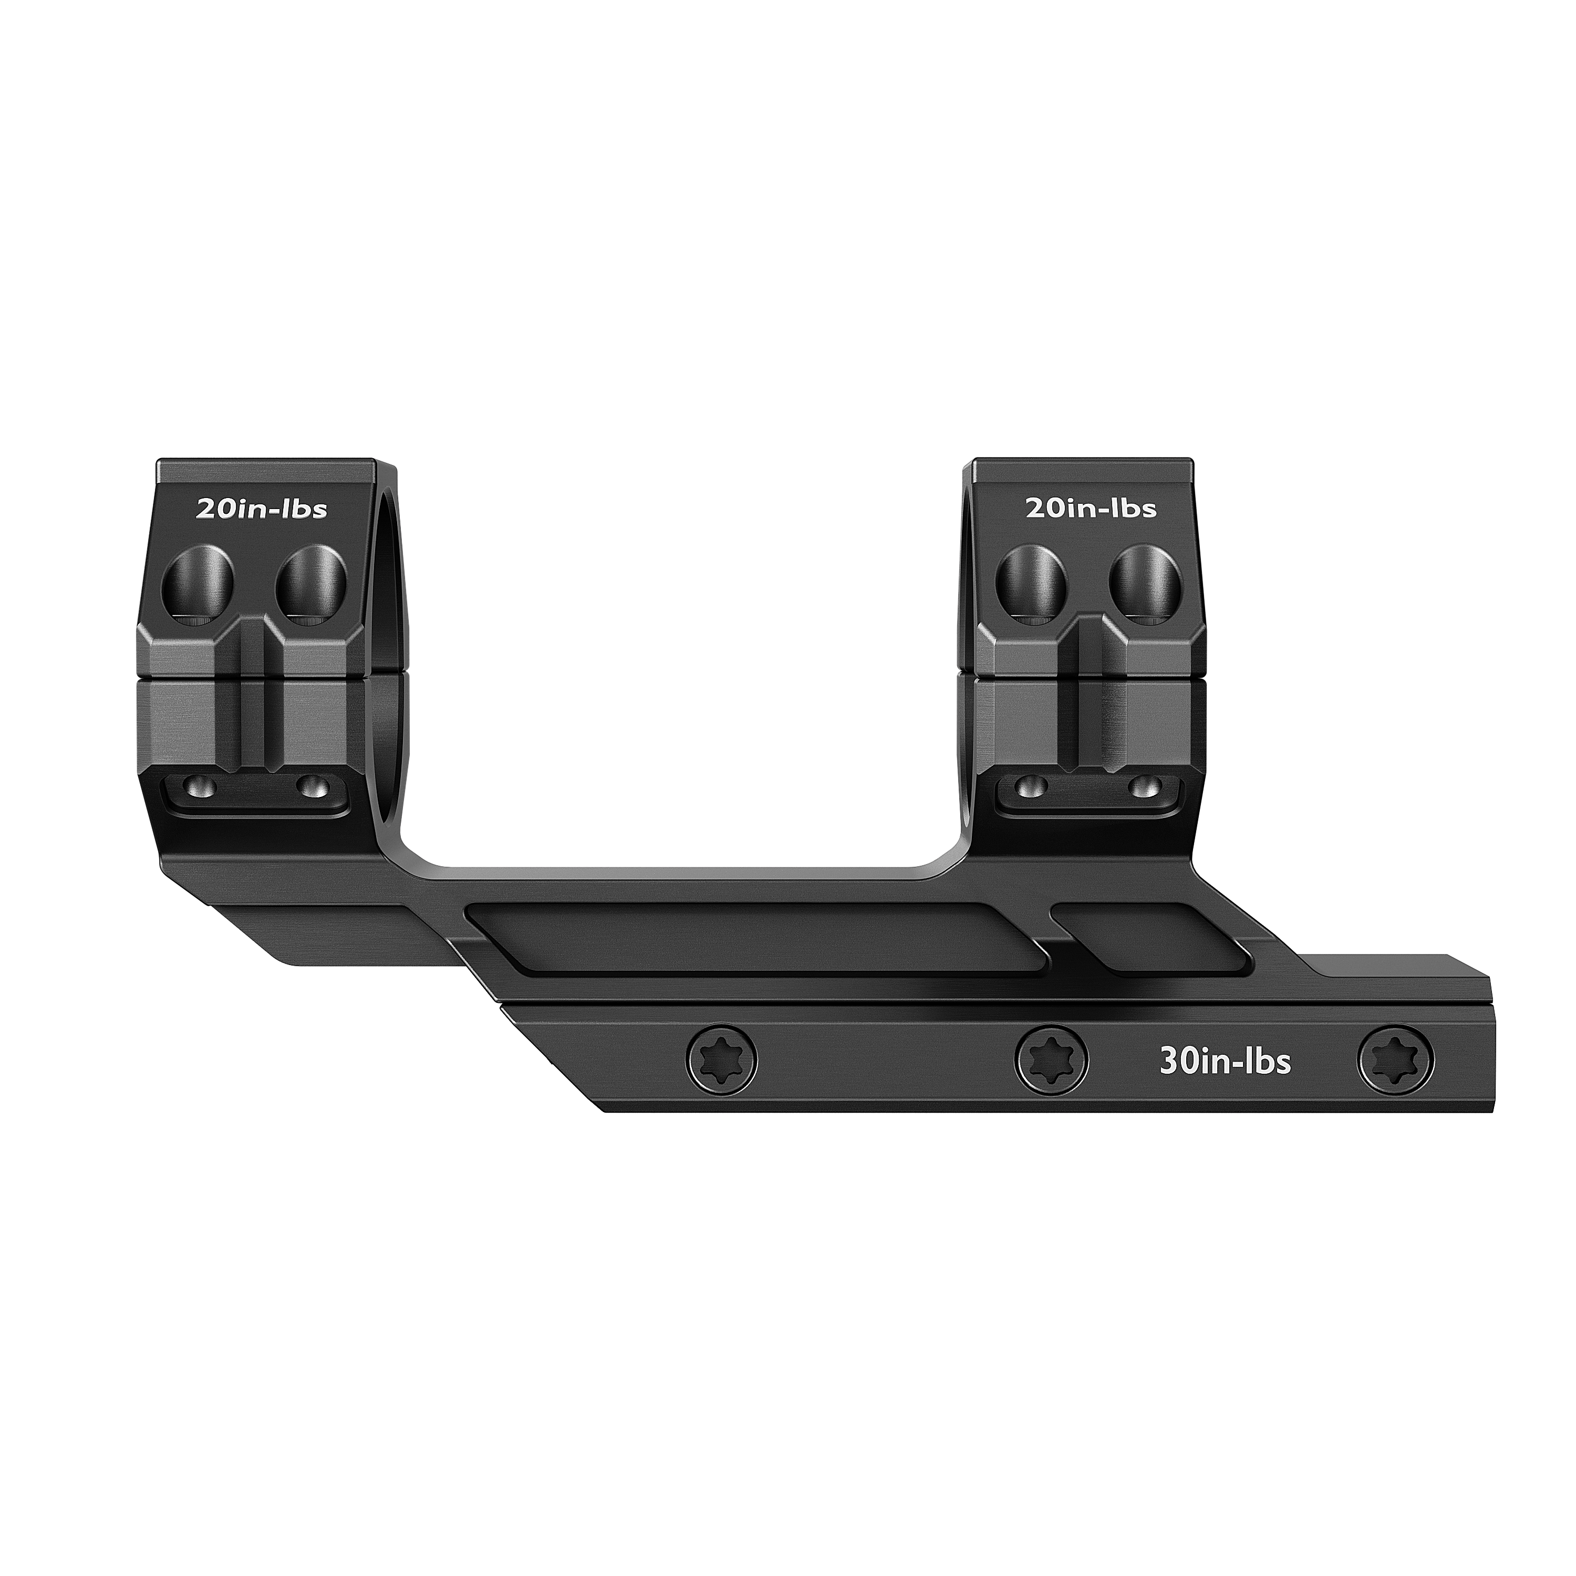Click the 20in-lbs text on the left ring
click(261, 509)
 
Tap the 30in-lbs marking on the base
click(1225, 1062)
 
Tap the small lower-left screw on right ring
click(1033, 789)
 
